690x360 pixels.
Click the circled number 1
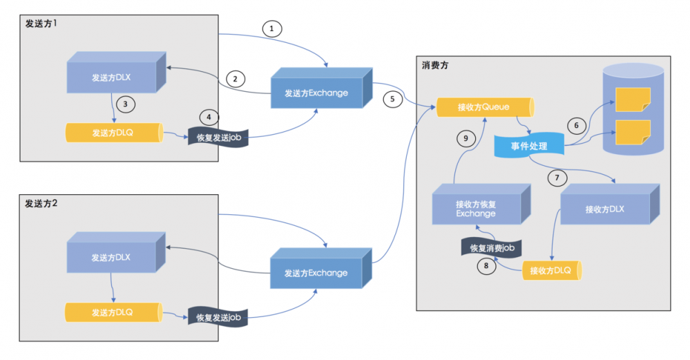[272, 28]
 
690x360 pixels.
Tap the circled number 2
[235, 79]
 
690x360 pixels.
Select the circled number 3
[125, 104]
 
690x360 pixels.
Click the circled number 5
[392, 99]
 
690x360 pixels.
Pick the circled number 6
[575, 126]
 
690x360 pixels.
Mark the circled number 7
[557, 178]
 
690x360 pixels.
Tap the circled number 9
[466, 138]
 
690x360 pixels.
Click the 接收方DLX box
[604, 209]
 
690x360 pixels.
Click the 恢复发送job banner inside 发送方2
[218, 317]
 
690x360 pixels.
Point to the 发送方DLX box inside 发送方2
[111, 258]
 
